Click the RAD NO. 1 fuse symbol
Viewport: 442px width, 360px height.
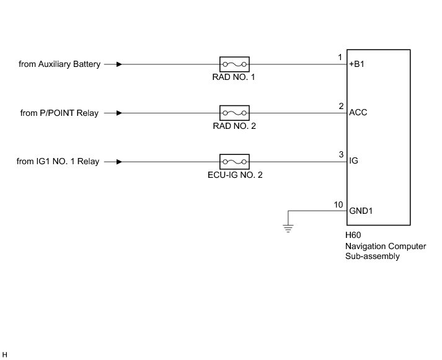234,64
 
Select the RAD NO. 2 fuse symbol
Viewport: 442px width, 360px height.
234,113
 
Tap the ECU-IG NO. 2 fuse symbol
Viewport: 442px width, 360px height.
234,162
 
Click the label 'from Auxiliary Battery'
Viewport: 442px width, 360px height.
60,64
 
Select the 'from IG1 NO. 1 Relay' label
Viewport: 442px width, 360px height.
58,162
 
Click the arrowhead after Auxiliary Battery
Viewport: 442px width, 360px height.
119,64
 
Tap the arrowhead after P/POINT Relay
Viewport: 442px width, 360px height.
119,113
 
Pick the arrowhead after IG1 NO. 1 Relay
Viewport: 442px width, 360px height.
119,162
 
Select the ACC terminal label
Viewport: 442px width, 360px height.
358,113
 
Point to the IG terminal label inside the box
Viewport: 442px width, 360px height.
354,162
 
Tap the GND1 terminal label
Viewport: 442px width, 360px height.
361,211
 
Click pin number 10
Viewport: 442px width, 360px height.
338,204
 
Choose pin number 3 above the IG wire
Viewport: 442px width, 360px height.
340,155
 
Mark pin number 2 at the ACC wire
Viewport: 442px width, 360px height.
340,106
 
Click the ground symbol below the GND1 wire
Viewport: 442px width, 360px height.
288,229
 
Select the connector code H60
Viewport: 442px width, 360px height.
353,236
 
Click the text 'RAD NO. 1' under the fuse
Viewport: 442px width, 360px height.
234,77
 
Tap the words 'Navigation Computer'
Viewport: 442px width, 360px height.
386,247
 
